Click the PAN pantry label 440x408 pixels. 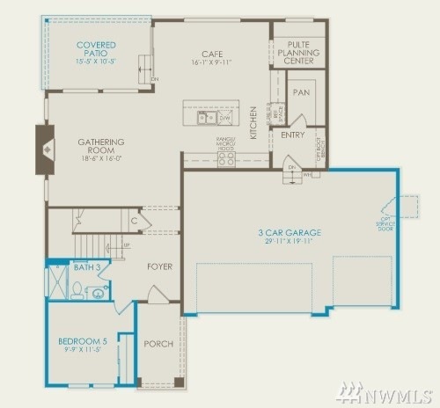click(x=300, y=91)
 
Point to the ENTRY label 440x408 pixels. click(x=292, y=135)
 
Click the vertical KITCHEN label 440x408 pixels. click(x=253, y=122)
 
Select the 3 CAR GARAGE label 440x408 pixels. click(x=290, y=232)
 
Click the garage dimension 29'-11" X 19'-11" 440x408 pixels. click(x=290, y=243)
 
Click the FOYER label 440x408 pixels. click(x=159, y=266)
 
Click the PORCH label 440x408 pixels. click(x=158, y=344)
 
